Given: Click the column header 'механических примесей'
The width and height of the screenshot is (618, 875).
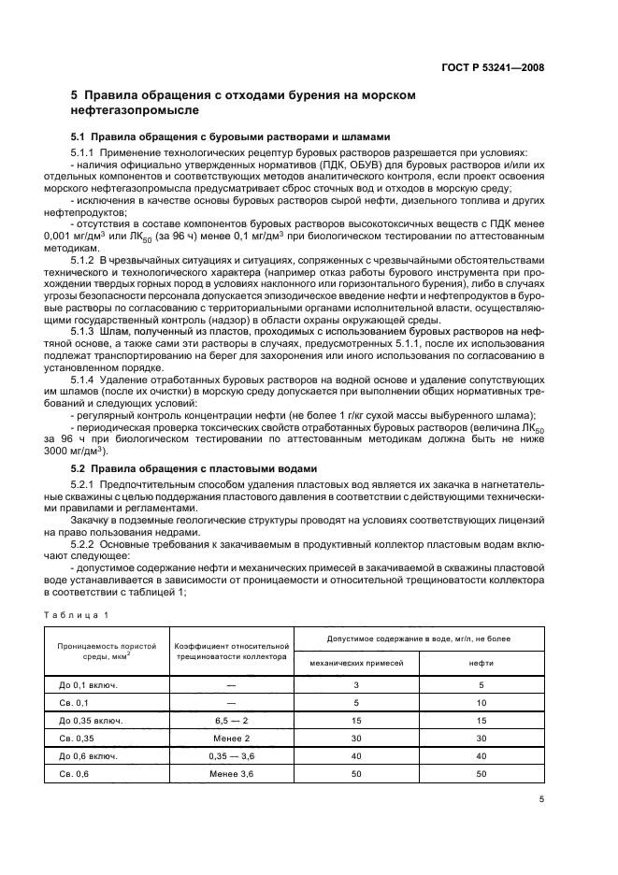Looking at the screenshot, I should coord(356,662).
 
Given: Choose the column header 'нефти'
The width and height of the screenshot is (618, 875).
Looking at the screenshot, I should coord(481,662).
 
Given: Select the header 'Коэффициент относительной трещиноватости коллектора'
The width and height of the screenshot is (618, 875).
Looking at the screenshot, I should coord(229,650).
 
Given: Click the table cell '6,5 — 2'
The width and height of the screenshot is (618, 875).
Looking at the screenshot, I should coord(229,720).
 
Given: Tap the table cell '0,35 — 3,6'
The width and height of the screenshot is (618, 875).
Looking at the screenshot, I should coord(229,755).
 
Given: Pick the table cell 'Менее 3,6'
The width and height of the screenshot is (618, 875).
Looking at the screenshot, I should coord(229,773).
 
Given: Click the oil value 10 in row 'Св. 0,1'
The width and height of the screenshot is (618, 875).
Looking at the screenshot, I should coord(481,702).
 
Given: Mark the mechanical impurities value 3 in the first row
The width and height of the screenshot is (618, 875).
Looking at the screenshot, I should coord(356,684).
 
